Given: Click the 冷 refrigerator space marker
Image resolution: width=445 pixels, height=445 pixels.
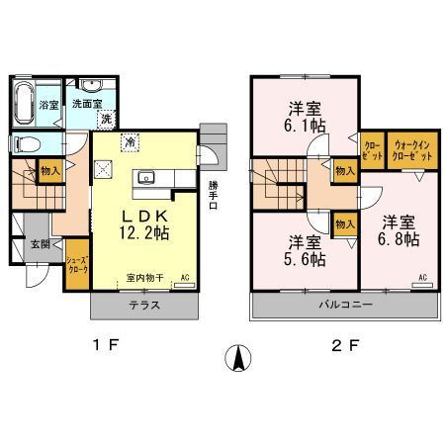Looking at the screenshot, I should point(131,142).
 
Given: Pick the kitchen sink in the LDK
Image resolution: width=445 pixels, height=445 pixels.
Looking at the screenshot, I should point(148,179).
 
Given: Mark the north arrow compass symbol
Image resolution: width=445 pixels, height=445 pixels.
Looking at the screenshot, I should point(238,357).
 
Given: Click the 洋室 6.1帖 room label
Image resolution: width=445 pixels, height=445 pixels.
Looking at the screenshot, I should point(306,117).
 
